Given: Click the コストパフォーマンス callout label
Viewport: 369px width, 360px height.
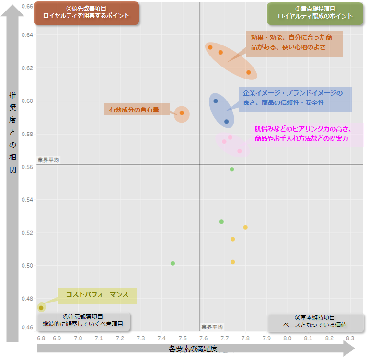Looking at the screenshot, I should click(97, 295).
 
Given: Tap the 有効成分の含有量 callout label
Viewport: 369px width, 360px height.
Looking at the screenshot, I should click(137, 110).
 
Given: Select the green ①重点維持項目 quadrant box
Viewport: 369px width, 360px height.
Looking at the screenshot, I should click(315, 13).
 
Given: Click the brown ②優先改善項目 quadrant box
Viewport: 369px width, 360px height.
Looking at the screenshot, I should click(86, 12).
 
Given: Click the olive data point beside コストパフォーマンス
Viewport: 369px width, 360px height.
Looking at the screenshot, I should click(41, 308).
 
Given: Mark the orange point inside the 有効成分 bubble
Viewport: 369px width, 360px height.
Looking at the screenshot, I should click(182, 113).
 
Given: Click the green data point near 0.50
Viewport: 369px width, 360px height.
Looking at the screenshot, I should click(173, 263).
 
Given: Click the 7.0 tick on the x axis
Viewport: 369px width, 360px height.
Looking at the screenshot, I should click(78, 338).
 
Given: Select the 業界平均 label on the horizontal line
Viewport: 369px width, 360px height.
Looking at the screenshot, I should click(48, 160).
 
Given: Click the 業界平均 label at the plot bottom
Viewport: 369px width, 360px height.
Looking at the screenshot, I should click(212, 327).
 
